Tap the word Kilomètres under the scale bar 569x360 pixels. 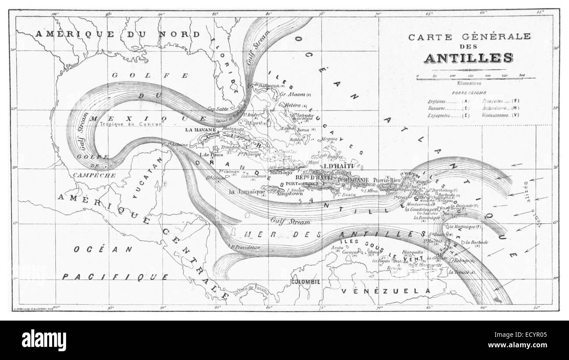tap(468, 83)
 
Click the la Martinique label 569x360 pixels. tap(461, 226)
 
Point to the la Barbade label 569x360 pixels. tap(476, 242)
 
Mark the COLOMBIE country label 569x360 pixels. tap(306, 282)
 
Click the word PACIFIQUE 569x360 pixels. tap(115, 277)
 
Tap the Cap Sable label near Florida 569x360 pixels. tap(217, 109)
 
